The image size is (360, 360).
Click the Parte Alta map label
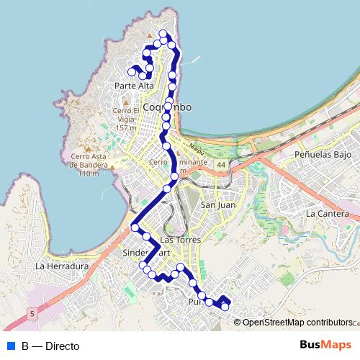tap(135, 86)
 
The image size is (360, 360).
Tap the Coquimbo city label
tap(167, 107)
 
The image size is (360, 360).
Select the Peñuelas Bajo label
tap(322, 155)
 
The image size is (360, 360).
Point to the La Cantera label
tap(327, 214)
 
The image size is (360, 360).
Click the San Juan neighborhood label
tap(217, 205)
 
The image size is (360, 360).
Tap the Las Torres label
tap(179, 238)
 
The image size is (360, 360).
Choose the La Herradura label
tap(61, 266)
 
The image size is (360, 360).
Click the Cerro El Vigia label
tap(125, 119)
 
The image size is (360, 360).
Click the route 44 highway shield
tap(220, 166)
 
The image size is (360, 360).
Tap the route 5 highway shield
tap(33, 313)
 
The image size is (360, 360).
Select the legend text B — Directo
tap(50, 346)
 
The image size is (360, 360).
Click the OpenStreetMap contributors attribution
tap(297, 323)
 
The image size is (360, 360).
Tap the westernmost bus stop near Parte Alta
tap(132, 71)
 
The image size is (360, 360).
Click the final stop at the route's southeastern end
tap(225, 307)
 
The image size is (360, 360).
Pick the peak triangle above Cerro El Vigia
tap(125, 102)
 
